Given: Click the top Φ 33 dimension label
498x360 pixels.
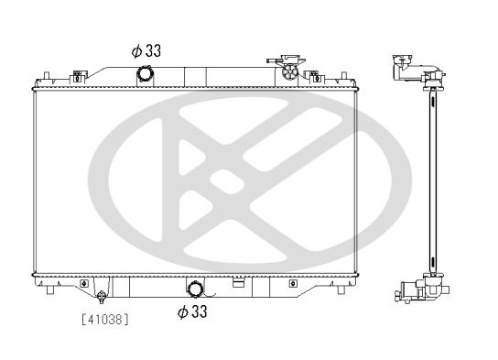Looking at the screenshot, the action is click(x=146, y=50).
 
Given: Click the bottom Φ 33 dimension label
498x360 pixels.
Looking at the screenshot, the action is click(x=192, y=311).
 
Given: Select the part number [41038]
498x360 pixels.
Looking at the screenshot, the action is click(x=105, y=320).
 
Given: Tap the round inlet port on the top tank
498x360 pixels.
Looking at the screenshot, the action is click(x=146, y=74).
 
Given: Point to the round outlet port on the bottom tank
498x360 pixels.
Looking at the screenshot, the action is click(x=195, y=289).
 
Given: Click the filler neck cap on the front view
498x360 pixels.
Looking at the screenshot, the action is click(x=289, y=71).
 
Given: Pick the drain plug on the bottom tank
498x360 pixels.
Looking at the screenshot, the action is click(x=102, y=296).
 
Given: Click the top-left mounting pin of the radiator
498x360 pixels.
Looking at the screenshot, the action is click(x=47, y=76).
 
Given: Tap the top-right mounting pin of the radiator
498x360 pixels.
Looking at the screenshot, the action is click(x=343, y=76).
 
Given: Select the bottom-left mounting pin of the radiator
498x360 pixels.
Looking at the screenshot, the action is click(x=49, y=289).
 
